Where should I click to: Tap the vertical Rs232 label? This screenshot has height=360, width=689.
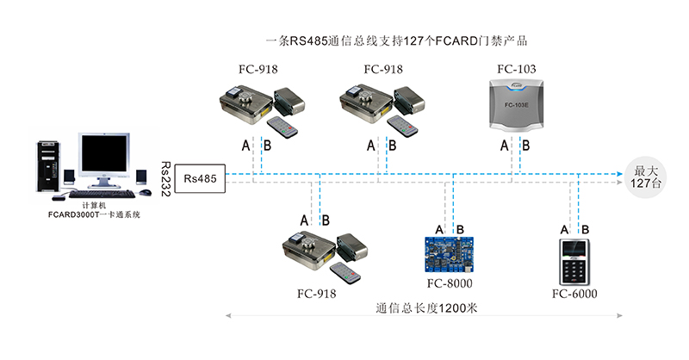pyautogui.click(x=165, y=179)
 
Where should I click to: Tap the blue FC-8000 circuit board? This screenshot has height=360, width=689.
pyautogui.click(x=450, y=254)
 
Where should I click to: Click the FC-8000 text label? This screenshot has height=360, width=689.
pyautogui.click(x=450, y=282)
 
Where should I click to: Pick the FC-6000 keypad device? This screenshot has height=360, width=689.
pyautogui.click(x=574, y=263)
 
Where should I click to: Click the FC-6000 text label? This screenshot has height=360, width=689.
pyautogui.click(x=574, y=295)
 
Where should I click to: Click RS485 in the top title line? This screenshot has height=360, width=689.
pyautogui.click(x=308, y=40)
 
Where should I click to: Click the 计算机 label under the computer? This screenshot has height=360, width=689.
pyautogui.click(x=94, y=205)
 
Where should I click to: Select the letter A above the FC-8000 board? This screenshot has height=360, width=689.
pyautogui.click(x=440, y=230)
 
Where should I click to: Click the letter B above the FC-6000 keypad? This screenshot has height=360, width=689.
pyautogui.click(x=586, y=230)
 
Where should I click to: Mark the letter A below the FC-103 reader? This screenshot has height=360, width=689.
pyautogui.click(x=506, y=146)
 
